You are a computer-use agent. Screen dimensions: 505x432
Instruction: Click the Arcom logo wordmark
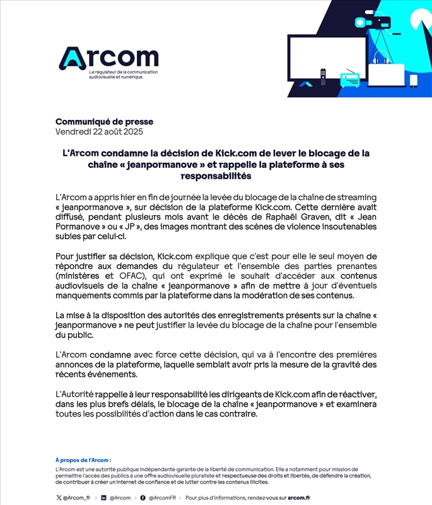tap(108, 58)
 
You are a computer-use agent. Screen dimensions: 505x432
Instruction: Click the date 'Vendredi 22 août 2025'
tap(99, 132)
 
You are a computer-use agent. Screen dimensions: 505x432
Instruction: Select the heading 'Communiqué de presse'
tap(104, 122)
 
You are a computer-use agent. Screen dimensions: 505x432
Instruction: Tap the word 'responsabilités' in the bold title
tap(216, 176)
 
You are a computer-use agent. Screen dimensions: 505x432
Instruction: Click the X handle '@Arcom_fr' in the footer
tap(76, 498)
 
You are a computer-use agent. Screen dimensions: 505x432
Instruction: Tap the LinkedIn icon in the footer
tap(104, 498)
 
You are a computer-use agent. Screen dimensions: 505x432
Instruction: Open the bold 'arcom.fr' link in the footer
tap(299, 498)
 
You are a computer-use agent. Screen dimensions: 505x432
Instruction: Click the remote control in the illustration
tap(324, 77)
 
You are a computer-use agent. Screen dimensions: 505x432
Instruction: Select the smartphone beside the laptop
tap(414, 81)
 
